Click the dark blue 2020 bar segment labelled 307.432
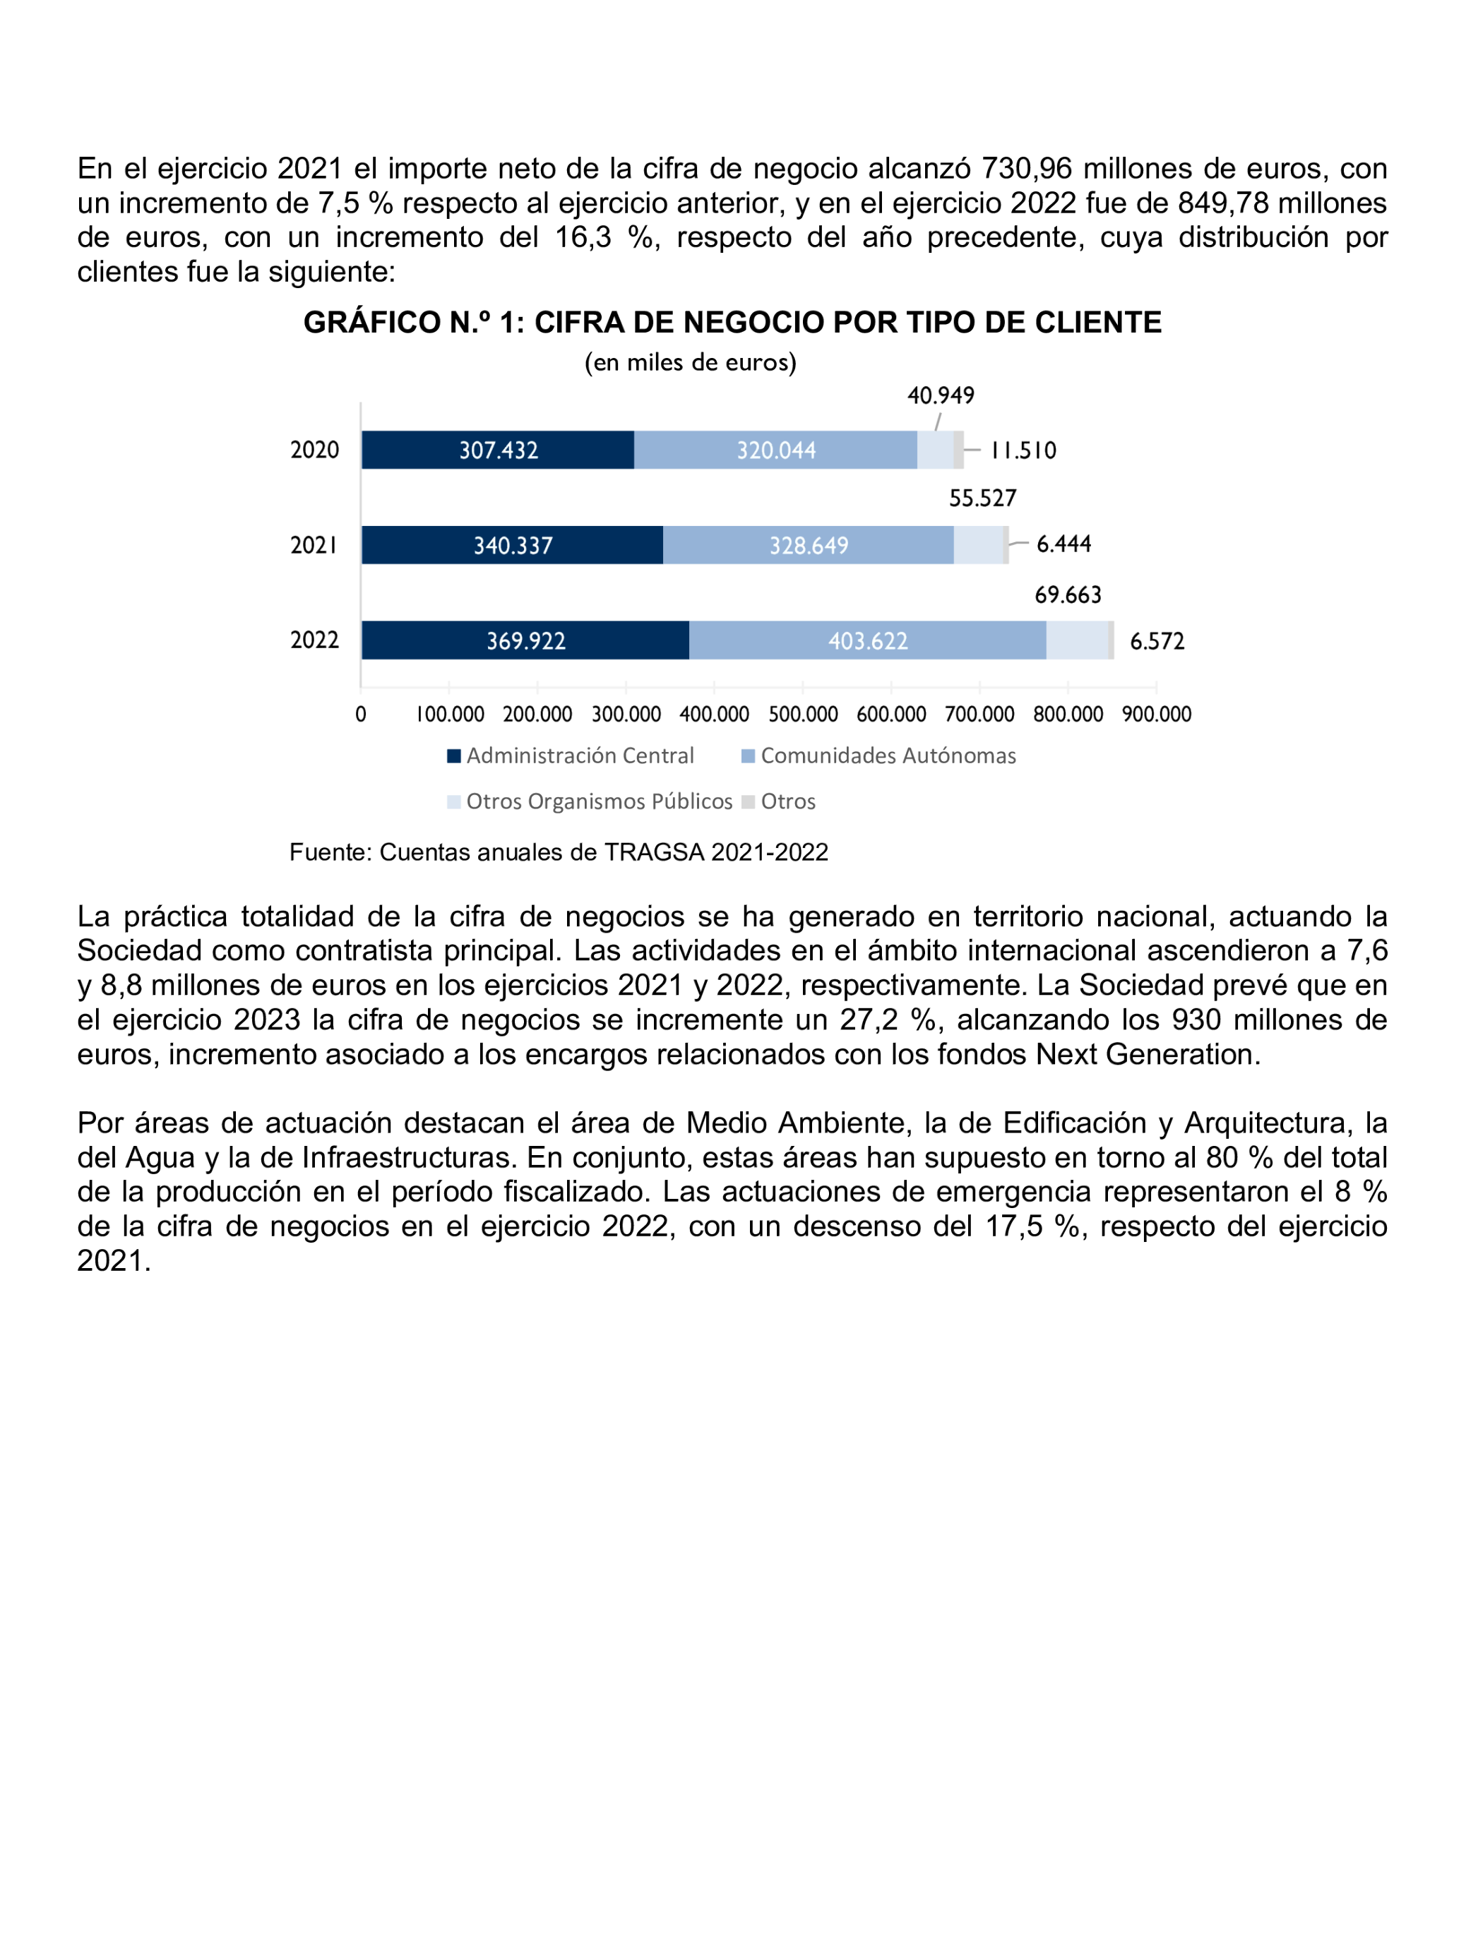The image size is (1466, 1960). [x=497, y=450]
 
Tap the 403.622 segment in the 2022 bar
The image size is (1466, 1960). [x=867, y=640]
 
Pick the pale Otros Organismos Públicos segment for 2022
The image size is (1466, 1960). [x=1077, y=640]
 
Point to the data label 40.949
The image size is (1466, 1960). [x=941, y=395]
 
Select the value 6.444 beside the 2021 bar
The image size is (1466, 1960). [x=1063, y=544]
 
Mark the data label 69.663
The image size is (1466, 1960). [x=1068, y=594]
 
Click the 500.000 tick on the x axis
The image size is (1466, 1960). [x=802, y=715]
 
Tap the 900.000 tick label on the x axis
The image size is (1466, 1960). [x=1156, y=715]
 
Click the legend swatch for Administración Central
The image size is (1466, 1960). [x=454, y=755]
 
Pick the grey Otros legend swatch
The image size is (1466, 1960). [x=748, y=802]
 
